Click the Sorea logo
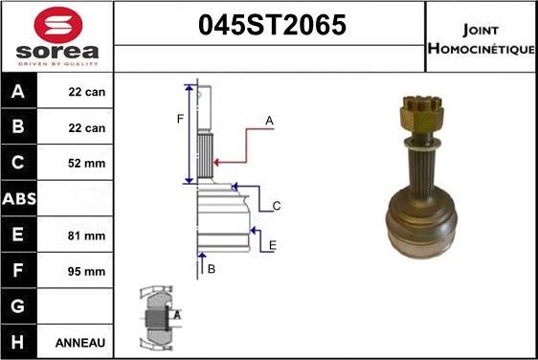(56, 35)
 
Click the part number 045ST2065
(271, 26)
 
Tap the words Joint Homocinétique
(481, 37)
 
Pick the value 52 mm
(87, 164)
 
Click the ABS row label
(20, 199)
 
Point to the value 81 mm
(87, 235)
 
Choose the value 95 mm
(87, 271)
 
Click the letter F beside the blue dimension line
(179, 120)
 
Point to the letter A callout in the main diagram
(270, 121)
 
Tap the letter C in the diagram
(276, 205)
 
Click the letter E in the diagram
(273, 245)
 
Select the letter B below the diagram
(212, 269)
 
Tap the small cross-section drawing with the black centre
(156, 317)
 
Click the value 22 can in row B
(87, 127)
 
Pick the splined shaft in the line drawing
(204, 156)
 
